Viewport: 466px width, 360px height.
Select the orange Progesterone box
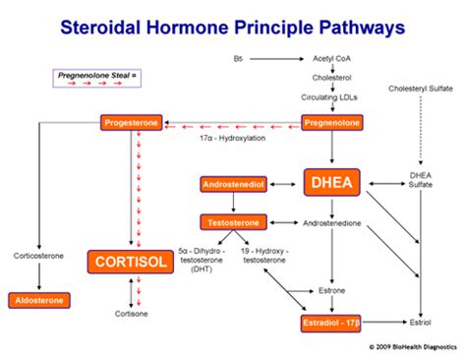(x=130, y=123)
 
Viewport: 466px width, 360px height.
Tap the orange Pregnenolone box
(x=329, y=123)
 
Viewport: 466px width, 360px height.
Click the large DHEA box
(x=333, y=182)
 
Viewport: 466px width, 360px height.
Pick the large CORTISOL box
(x=129, y=261)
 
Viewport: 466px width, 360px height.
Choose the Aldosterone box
(x=38, y=299)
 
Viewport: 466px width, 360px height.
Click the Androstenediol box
(x=230, y=184)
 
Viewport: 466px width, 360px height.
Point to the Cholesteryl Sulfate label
(x=421, y=89)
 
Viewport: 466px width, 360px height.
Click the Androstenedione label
(x=332, y=222)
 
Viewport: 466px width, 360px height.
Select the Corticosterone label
(x=38, y=255)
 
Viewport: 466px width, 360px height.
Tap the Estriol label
(x=422, y=322)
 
